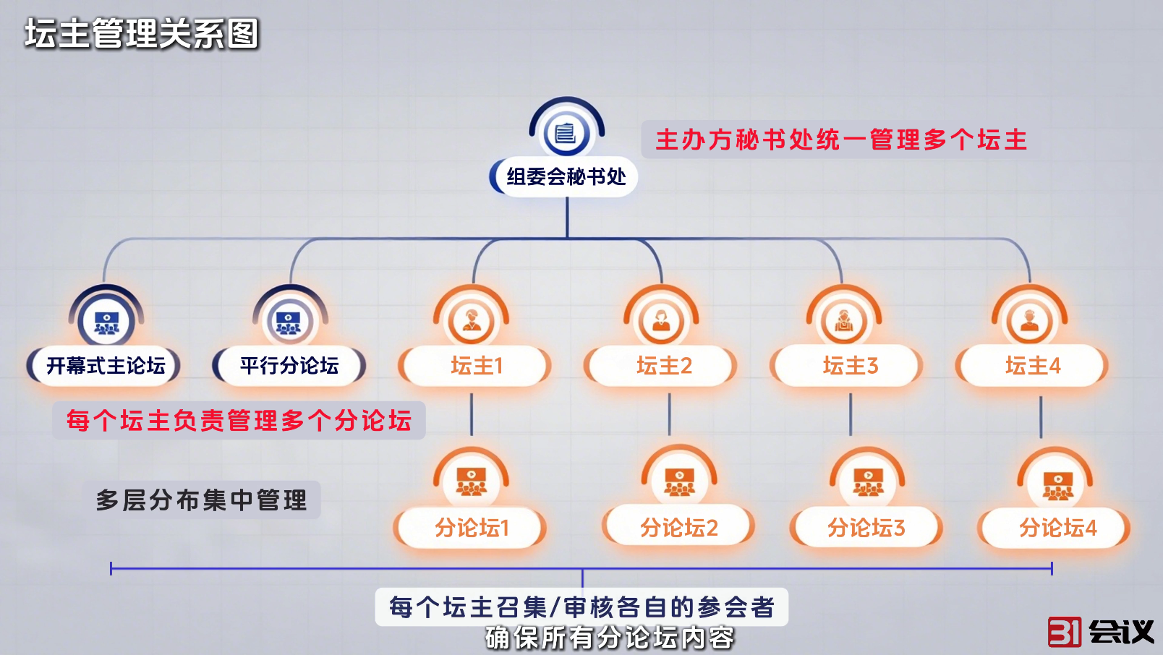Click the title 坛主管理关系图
pos(142,34)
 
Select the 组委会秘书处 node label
pos(566,176)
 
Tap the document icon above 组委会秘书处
pos(566,133)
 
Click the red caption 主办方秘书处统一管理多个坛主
pos(841,140)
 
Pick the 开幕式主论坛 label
pos(106,366)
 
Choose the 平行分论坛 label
pos(289,366)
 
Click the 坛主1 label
pos(476,366)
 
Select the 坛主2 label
pos(664,366)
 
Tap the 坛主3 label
pos(850,366)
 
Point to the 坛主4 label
pos(1033,366)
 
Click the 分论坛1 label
pos(472,528)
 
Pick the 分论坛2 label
pos(678,528)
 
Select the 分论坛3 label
pos(866,528)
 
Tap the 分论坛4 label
pos(1057,528)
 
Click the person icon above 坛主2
pos(661,320)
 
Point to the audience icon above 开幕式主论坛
pos(106,321)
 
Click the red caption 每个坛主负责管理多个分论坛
pos(239,420)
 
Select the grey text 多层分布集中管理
pos(202,500)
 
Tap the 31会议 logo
pos(1100,631)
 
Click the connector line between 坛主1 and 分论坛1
pos(472,414)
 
